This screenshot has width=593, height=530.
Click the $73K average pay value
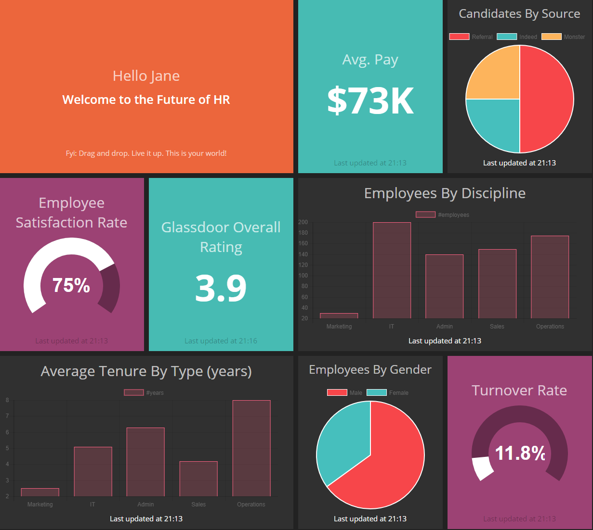tap(370, 101)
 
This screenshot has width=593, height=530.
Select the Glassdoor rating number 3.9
tap(221, 288)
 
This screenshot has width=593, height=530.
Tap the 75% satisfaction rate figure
tap(71, 285)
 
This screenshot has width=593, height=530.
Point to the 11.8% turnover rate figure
tap(520, 453)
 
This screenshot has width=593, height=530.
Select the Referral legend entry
tap(471, 37)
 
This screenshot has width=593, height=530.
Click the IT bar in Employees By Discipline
tap(392, 270)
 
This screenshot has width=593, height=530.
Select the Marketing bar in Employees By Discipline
tap(339, 315)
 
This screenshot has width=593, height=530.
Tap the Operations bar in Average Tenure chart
tap(251, 448)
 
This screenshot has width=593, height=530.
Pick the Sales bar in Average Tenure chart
tap(198, 479)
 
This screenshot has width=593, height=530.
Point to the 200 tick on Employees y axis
tap(303, 222)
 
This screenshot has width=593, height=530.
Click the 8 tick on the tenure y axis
tap(7, 400)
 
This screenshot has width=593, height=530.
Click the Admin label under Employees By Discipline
tap(445, 327)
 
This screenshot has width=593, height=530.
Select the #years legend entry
tap(144, 392)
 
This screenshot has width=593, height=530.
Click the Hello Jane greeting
tap(146, 76)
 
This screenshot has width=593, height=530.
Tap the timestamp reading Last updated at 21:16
tap(221, 341)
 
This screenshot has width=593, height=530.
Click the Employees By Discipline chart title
tap(445, 193)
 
